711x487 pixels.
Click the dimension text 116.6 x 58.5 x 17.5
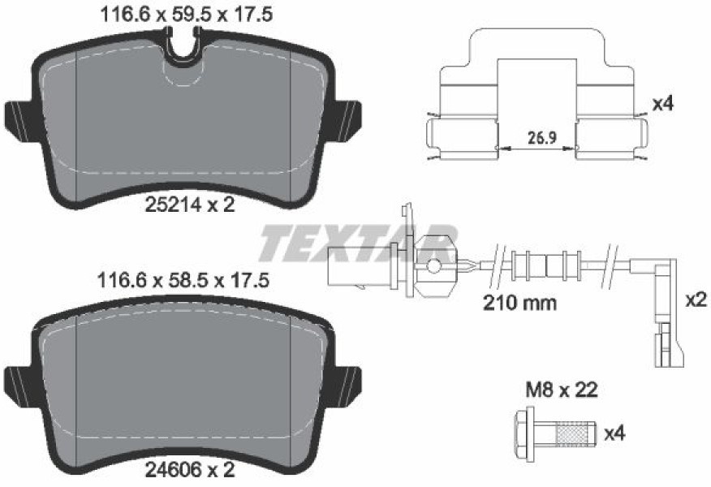pyautogui.click(x=183, y=280)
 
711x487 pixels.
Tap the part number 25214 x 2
pyautogui.click(x=190, y=205)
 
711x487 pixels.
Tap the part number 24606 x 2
pyautogui.click(x=190, y=470)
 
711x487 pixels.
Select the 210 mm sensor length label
pyautogui.click(x=519, y=303)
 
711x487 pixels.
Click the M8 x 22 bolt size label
pyautogui.click(x=562, y=390)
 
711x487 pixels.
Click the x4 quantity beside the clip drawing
pyautogui.click(x=662, y=104)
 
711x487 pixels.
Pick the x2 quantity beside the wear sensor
pyautogui.click(x=696, y=300)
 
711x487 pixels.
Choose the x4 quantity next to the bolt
pyautogui.click(x=615, y=434)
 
